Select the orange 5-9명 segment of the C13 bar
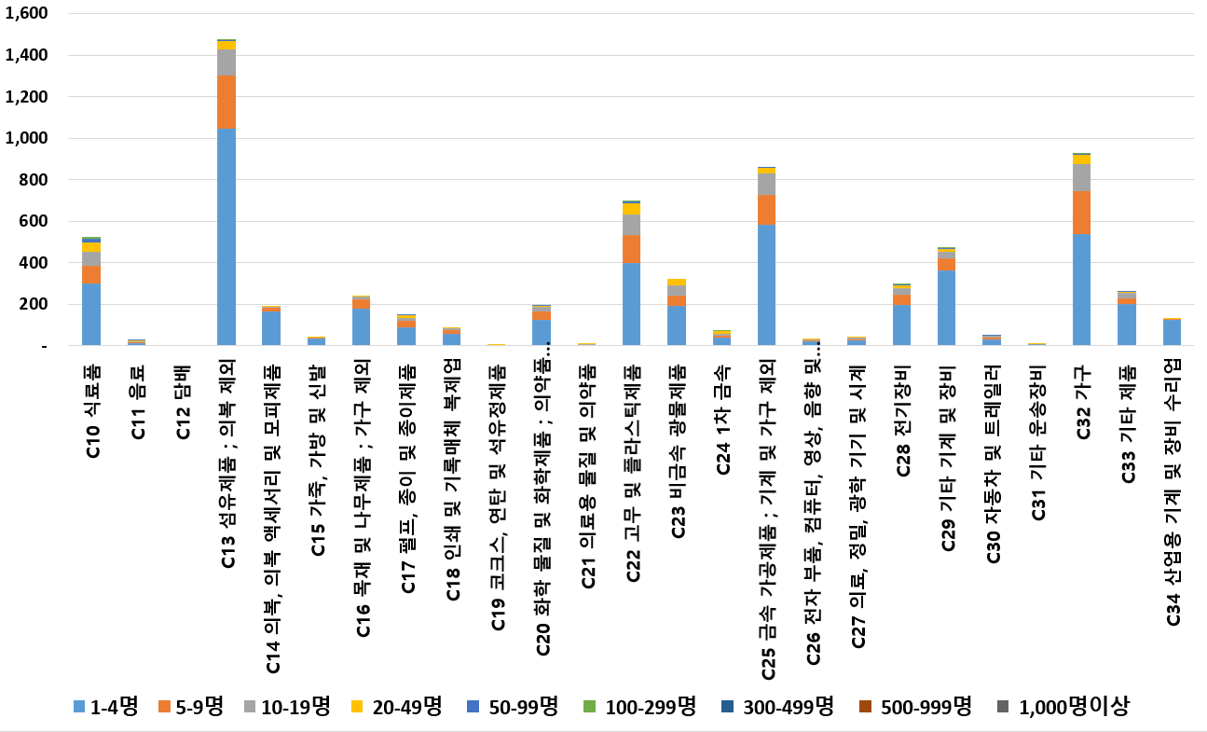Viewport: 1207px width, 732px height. point(226,102)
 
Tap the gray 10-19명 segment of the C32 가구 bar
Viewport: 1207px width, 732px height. point(1082,177)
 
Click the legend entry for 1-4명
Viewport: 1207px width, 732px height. point(105,707)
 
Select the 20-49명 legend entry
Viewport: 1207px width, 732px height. point(397,707)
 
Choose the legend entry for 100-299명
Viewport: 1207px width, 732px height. point(640,707)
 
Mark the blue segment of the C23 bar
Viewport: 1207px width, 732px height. point(677,325)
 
